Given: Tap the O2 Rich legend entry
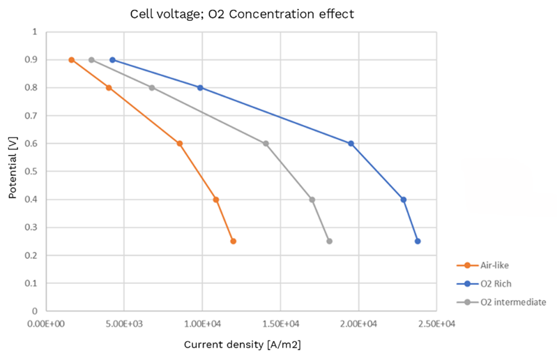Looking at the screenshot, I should [498, 284].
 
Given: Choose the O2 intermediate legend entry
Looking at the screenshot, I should [512, 302].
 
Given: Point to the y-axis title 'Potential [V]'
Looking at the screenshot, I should [13, 171].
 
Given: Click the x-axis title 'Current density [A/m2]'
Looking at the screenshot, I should [242, 345].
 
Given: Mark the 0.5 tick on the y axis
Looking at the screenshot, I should [33, 172].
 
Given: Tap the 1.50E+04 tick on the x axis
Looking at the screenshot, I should [280, 324].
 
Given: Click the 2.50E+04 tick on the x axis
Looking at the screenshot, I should [436, 324].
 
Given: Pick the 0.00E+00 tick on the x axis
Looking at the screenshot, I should [46, 324].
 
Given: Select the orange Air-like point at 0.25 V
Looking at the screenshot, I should [233, 241].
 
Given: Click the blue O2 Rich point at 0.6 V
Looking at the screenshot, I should [351, 144].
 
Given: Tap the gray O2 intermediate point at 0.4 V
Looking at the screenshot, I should [312, 200].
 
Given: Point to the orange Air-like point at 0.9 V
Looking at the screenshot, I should [71, 60].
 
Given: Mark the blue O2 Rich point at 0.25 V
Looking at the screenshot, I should [417, 241].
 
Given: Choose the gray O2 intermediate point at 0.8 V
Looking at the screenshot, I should [151, 88].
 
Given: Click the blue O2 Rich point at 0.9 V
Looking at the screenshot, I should [112, 60].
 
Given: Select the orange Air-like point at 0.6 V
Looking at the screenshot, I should [180, 144].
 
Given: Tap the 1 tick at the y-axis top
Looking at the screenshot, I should [36, 32].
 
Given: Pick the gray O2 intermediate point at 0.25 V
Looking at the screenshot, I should [329, 241].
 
